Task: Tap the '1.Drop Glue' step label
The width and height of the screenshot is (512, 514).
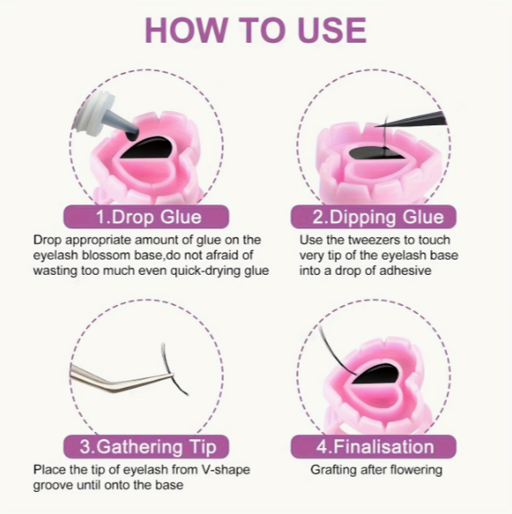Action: point(146,217)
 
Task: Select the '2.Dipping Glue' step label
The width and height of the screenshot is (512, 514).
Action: point(373,217)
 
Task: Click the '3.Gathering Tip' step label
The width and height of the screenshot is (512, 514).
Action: point(146,446)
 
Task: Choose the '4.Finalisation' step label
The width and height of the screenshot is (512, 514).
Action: point(373,446)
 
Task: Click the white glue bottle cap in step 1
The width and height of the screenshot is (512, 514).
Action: point(94,109)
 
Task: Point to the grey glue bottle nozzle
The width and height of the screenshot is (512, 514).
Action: point(124,125)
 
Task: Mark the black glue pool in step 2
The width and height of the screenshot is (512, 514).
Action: point(377,153)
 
